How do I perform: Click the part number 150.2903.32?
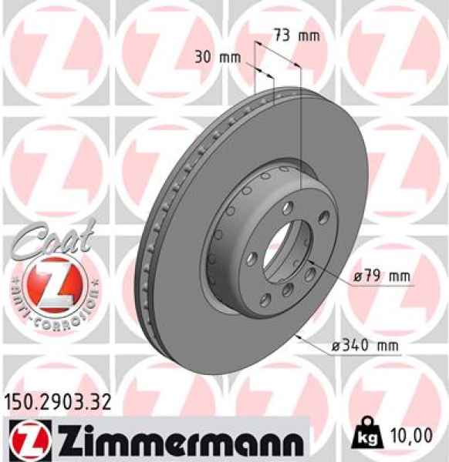pos(59,401)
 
